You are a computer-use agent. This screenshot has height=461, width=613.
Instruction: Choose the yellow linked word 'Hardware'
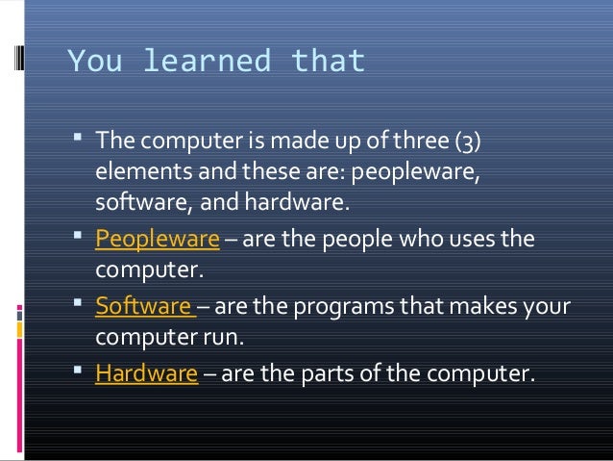pyautogui.click(x=146, y=374)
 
